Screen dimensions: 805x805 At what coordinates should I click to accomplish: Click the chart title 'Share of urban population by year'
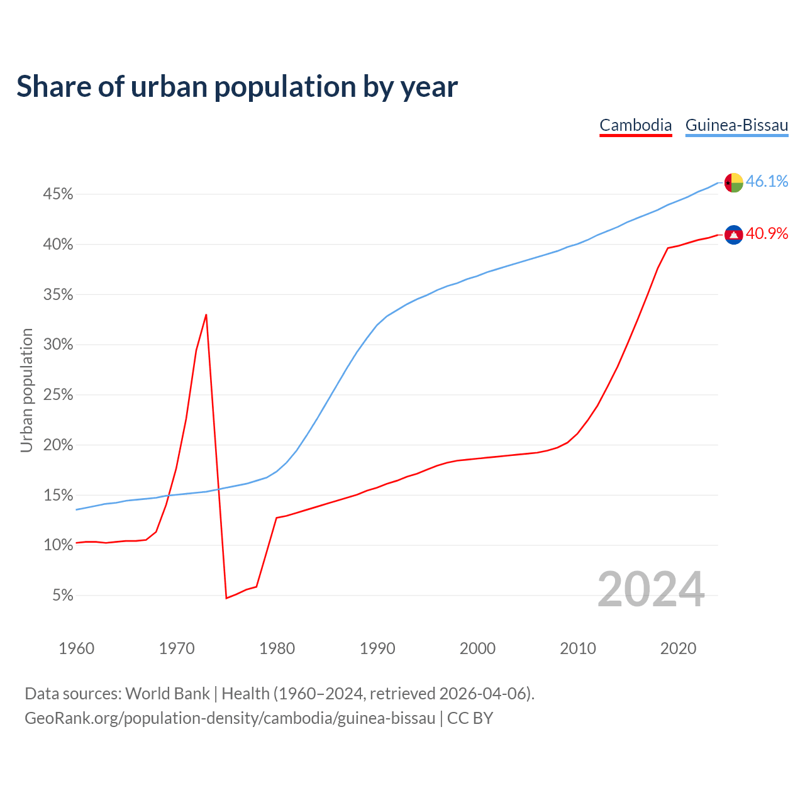pyautogui.click(x=237, y=87)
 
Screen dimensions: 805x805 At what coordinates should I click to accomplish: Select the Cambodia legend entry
pyautogui.click(x=635, y=125)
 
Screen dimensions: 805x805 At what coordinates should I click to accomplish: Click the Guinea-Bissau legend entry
pyautogui.click(x=736, y=125)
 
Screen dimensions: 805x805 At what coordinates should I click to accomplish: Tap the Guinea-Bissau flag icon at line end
pyautogui.click(x=733, y=182)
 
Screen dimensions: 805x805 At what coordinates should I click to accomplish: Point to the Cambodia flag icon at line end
pyautogui.click(x=733, y=235)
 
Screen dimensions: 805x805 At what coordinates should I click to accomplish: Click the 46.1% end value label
pyautogui.click(x=767, y=182)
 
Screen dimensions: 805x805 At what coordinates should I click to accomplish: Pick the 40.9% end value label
pyautogui.click(x=767, y=234)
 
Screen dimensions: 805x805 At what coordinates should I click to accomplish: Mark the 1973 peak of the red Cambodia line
pyautogui.click(x=206, y=314)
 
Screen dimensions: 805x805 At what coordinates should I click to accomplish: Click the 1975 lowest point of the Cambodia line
pyautogui.click(x=226, y=597)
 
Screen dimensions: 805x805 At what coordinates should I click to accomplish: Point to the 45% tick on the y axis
pyautogui.click(x=58, y=194)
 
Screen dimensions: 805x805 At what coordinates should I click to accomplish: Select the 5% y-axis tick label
pyautogui.click(x=62, y=595)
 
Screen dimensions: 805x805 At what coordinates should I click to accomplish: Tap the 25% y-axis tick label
pyautogui.click(x=58, y=395)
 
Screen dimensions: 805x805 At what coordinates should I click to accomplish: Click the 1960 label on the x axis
pyautogui.click(x=76, y=648)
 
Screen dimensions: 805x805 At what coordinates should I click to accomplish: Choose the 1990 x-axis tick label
pyautogui.click(x=377, y=648)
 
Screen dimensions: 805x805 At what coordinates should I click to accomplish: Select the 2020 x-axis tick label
pyautogui.click(x=678, y=648)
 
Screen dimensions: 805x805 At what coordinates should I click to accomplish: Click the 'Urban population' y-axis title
pyautogui.click(x=26, y=390)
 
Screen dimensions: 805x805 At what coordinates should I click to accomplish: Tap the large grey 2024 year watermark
pyautogui.click(x=651, y=589)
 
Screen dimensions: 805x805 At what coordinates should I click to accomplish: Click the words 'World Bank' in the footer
pyautogui.click(x=167, y=694)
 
